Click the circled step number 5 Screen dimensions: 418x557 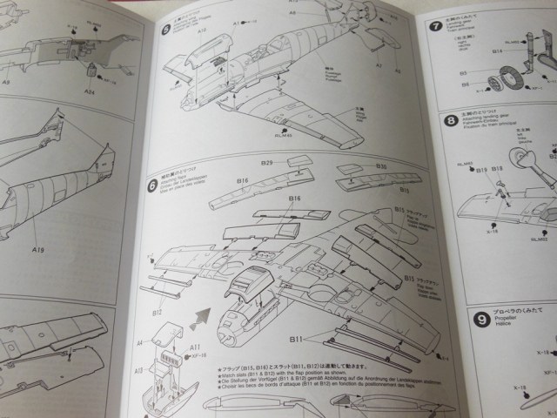(x=167, y=30)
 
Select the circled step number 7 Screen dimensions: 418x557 (x=435, y=27)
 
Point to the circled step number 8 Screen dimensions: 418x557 (x=451, y=121)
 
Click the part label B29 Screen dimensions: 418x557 (x=267, y=163)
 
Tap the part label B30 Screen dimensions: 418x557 (x=381, y=164)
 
